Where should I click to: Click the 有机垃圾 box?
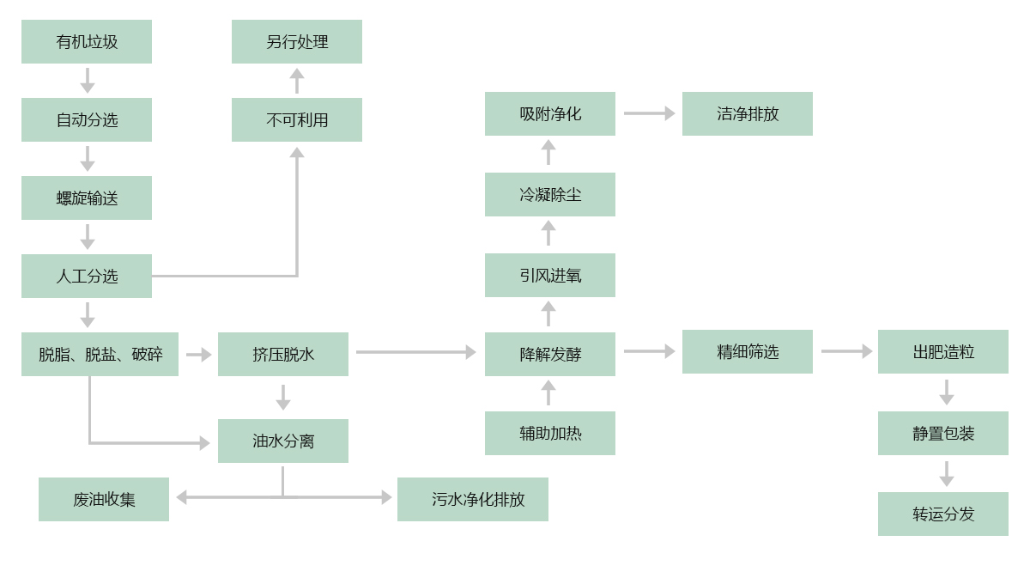point(87,41)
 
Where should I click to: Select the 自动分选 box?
point(87,119)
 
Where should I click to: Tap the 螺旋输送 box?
point(87,198)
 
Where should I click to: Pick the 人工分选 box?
point(87,276)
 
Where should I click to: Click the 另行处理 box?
point(297,41)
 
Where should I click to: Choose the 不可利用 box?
point(297,119)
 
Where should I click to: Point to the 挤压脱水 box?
point(283,354)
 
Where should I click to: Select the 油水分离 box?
point(283,441)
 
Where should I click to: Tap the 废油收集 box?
point(104,499)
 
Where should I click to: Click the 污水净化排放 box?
point(473,499)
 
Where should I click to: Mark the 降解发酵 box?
point(550,354)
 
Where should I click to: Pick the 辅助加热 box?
point(550,433)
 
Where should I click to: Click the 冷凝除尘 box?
point(550,194)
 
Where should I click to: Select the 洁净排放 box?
point(748,113)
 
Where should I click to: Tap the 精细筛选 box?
point(748,351)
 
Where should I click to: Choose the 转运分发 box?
point(943,514)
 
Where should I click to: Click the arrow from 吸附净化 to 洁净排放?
point(649,113)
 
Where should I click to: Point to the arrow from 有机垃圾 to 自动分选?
point(87,80)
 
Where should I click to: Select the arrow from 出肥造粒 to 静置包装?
point(946,392)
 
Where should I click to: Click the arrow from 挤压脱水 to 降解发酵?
point(416,352)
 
